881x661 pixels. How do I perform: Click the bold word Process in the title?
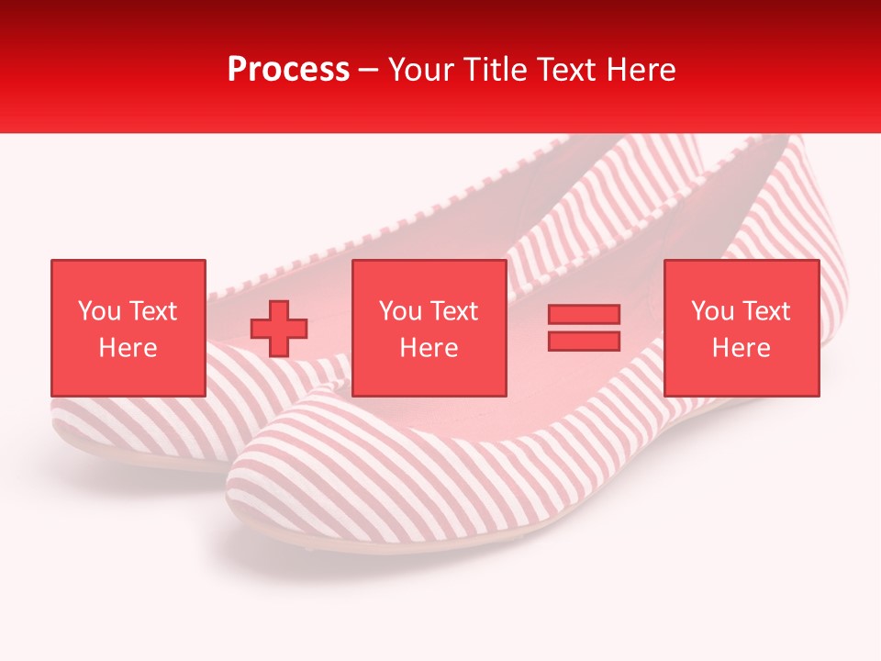tap(288, 70)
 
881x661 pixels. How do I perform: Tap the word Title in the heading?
tap(494, 70)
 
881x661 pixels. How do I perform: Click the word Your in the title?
tap(421, 70)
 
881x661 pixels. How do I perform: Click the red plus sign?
tap(279, 328)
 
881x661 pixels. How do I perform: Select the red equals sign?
tap(584, 328)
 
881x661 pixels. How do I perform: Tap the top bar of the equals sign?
tap(584, 315)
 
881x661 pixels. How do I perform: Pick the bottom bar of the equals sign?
tap(584, 341)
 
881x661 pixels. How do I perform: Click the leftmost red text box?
tap(128, 328)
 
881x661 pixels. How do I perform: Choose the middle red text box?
tap(429, 328)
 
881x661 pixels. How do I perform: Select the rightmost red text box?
tap(742, 328)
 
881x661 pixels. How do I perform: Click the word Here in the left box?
tap(128, 348)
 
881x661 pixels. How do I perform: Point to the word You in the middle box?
tap(400, 311)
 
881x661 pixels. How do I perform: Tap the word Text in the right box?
tap(765, 311)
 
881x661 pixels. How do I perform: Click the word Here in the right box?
tap(742, 348)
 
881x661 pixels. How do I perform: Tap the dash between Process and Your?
tap(369, 70)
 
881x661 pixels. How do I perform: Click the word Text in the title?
tap(563, 70)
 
